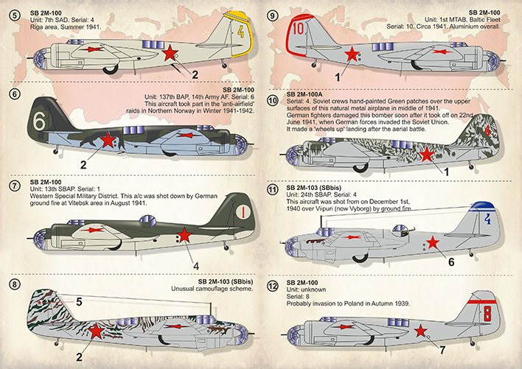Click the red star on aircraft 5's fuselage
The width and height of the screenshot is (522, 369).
(171, 52)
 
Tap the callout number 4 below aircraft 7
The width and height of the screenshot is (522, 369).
(195, 265)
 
